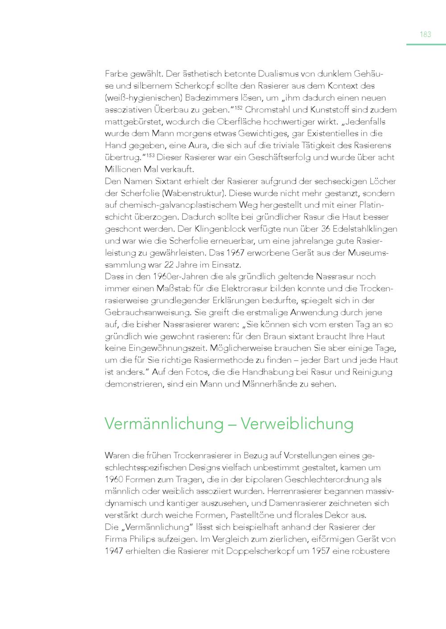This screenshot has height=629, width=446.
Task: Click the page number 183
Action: coord(425,34)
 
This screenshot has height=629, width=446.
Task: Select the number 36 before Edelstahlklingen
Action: coord(326,229)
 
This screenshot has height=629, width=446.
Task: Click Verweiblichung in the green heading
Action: coord(297,423)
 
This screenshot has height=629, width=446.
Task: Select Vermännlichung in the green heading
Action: coord(164,423)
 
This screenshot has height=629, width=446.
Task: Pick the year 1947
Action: coord(113,551)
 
